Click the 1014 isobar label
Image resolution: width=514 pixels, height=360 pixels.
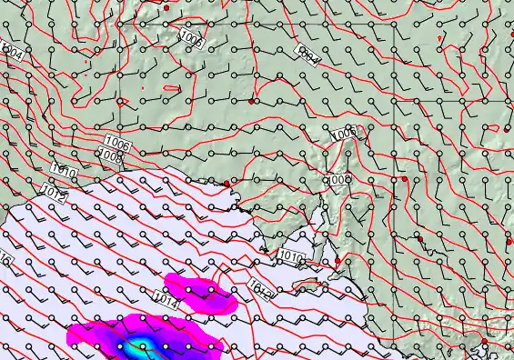(x=165, y=299)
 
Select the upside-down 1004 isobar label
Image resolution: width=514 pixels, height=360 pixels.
(x=309, y=56)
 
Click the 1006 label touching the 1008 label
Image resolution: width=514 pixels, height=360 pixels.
(x=117, y=143)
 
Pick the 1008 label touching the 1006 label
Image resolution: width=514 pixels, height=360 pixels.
(x=111, y=156)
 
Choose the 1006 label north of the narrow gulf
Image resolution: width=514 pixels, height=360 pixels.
(x=345, y=135)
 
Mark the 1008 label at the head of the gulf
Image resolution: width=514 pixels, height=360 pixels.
(x=338, y=181)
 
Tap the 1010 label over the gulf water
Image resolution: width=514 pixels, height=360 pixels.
(x=292, y=257)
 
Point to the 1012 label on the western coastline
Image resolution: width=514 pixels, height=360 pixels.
(x=53, y=191)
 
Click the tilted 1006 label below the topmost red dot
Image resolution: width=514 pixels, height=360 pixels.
(x=191, y=37)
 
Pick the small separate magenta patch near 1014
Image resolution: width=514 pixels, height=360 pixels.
(x=201, y=292)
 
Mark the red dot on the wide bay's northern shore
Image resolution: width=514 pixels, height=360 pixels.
(x=227, y=185)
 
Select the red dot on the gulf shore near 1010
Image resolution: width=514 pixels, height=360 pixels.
(x=338, y=262)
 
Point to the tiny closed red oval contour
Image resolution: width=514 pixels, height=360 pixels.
(x=171, y=88)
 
